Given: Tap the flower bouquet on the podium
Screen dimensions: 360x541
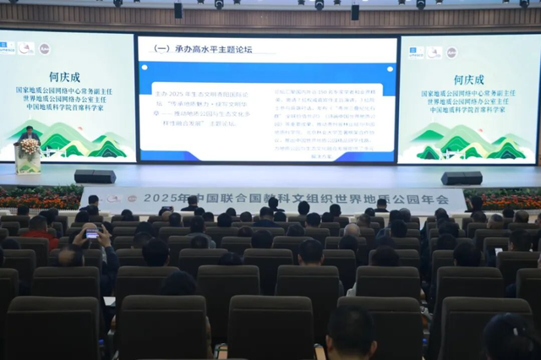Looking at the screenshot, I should [30, 146].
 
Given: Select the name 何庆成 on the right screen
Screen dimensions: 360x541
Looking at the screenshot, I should [470, 80].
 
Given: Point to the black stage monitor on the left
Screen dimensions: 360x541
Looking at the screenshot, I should [95, 177].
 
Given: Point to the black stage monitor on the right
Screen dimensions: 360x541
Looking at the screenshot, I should [462, 178].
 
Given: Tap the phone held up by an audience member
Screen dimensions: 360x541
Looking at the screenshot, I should [91, 233].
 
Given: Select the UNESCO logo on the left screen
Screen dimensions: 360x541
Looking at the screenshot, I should [7, 48].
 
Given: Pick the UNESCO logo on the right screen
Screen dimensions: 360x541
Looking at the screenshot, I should [416, 52].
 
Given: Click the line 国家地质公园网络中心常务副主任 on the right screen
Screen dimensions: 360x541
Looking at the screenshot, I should [470, 95].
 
